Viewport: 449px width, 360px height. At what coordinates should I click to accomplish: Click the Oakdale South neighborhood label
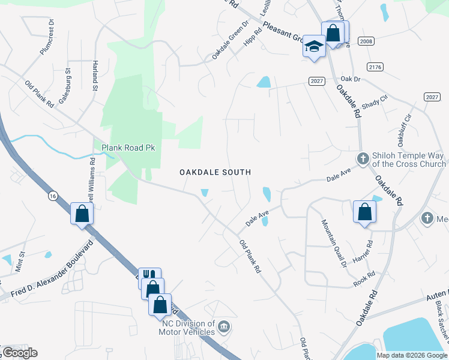[x=215, y=172]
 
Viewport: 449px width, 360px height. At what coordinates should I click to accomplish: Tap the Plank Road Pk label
[x=128, y=147]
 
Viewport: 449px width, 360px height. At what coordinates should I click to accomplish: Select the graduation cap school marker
[x=314, y=47]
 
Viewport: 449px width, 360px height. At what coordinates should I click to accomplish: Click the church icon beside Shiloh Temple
[x=362, y=158]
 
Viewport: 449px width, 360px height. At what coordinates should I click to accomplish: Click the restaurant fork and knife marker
[x=149, y=277]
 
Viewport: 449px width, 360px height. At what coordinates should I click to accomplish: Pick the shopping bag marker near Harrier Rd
[x=364, y=212]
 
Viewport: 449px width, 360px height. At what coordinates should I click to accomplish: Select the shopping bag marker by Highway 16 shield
[x=82, y=213]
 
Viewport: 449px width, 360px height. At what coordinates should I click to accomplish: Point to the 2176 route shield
[x=376, y=67]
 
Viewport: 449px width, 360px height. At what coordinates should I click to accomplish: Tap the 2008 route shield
[x=366, y=41]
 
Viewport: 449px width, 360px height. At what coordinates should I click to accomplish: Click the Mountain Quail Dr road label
[x=333, y=242]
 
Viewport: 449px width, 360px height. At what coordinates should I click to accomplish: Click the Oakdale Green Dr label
[x=230, y=41]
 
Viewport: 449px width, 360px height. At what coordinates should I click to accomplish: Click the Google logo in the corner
[x=20, y=353]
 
